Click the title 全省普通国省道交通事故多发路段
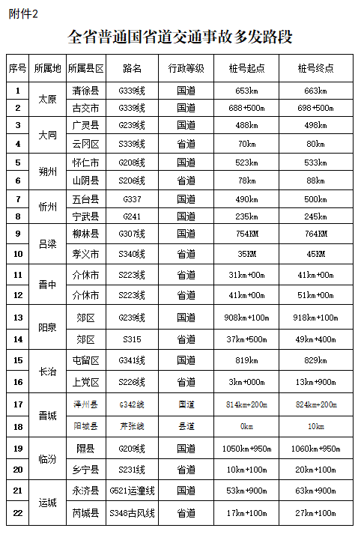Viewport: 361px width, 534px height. coord(180,36)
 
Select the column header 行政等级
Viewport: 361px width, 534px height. coord(186,68)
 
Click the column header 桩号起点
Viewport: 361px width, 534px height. coord(246,68)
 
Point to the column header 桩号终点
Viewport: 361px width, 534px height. coord(315,68)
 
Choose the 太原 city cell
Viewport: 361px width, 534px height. coord(47,100)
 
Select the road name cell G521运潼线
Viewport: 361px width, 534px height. coord(132,491)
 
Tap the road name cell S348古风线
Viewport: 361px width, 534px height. coord(132,513)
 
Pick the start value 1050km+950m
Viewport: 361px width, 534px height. coord(246,448)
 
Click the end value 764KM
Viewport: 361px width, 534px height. coord(315,233)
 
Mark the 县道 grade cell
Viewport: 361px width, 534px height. coord(186,426)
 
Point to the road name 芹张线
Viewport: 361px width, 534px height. coord(132,426)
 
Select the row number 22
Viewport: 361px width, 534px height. coord(17,513)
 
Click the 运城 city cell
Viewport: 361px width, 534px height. coord(47,502)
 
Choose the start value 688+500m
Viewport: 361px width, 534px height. coord(246,108)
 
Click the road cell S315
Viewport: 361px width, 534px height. coord(132,339)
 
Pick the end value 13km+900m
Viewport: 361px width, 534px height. coord(315,382)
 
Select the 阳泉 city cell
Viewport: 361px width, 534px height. coord(47,328)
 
